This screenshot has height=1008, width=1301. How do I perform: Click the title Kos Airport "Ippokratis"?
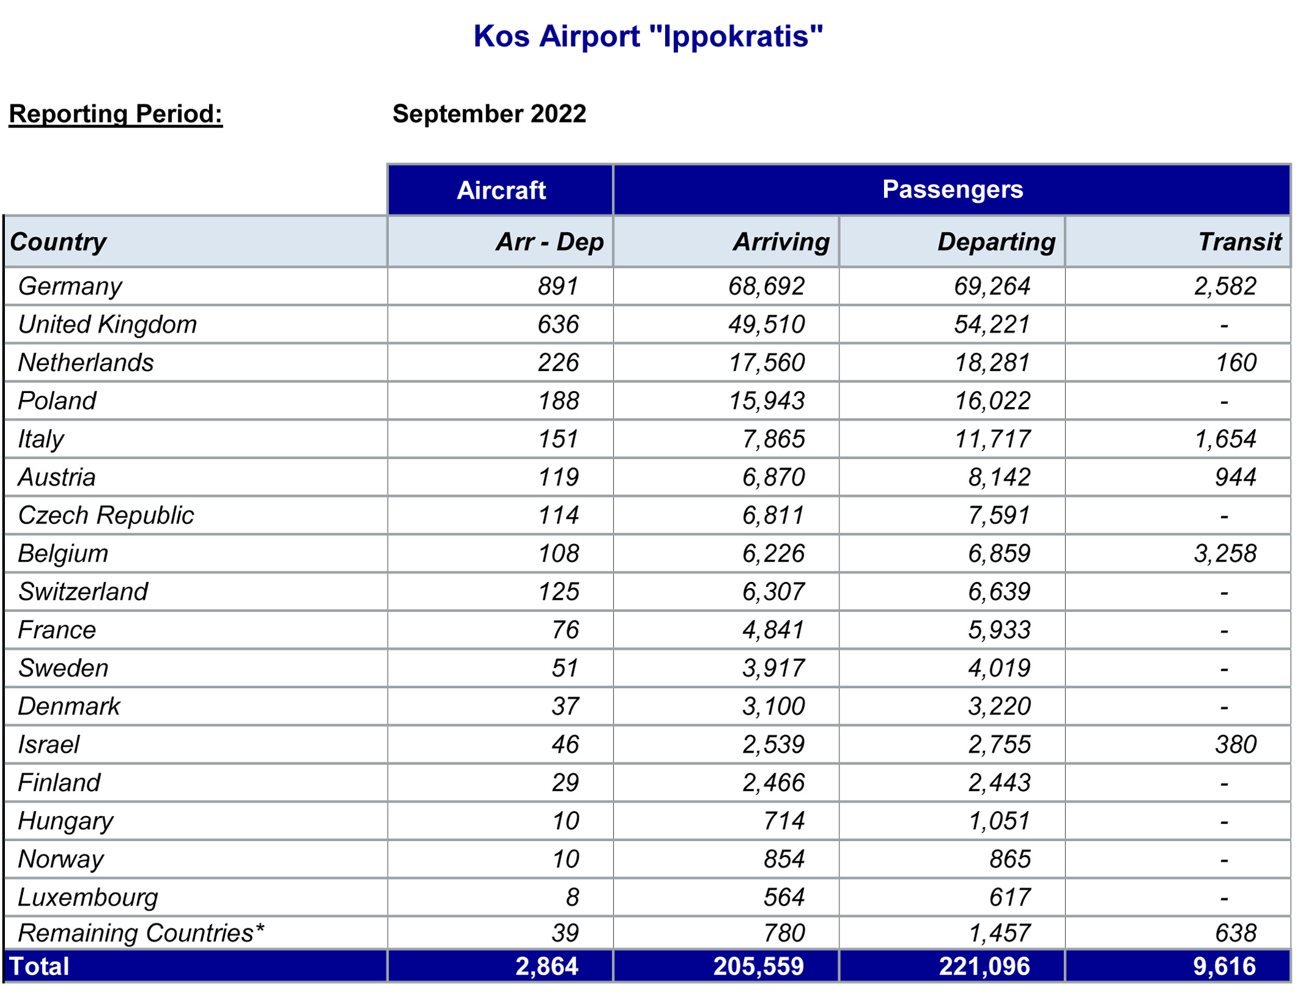(648, 36)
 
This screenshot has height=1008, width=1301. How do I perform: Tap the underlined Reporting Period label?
(116, 114)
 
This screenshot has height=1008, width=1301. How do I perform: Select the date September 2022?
(489, 114)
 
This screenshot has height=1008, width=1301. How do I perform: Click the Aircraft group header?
(501, 190)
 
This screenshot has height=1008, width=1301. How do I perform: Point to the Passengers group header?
(952, 189)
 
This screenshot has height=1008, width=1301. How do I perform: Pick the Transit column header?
(1239, 242)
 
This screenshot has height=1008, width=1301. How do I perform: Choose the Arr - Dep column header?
(549, 242)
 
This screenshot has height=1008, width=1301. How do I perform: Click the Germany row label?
(70, 286)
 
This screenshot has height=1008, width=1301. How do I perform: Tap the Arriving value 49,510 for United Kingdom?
(766, 324)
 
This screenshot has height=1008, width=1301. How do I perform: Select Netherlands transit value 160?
(1236, 363)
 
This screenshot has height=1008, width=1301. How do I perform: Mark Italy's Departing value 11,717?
(992, 439)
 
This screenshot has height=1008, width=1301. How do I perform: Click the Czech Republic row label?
(106, 516)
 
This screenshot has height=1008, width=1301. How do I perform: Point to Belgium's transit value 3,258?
(1225, 553)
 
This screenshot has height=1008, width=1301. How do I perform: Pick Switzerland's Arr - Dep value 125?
(558, 592)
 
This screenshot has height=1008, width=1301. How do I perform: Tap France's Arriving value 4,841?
(773, 630)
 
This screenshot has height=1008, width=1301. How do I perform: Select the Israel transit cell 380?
(1236, 744)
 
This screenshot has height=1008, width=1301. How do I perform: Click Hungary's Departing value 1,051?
(999, 821)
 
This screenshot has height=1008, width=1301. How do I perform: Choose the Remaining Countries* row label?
(141, 933)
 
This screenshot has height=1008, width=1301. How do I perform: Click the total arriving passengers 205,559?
(758, 967)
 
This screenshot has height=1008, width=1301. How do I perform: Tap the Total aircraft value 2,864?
(546, 967)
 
